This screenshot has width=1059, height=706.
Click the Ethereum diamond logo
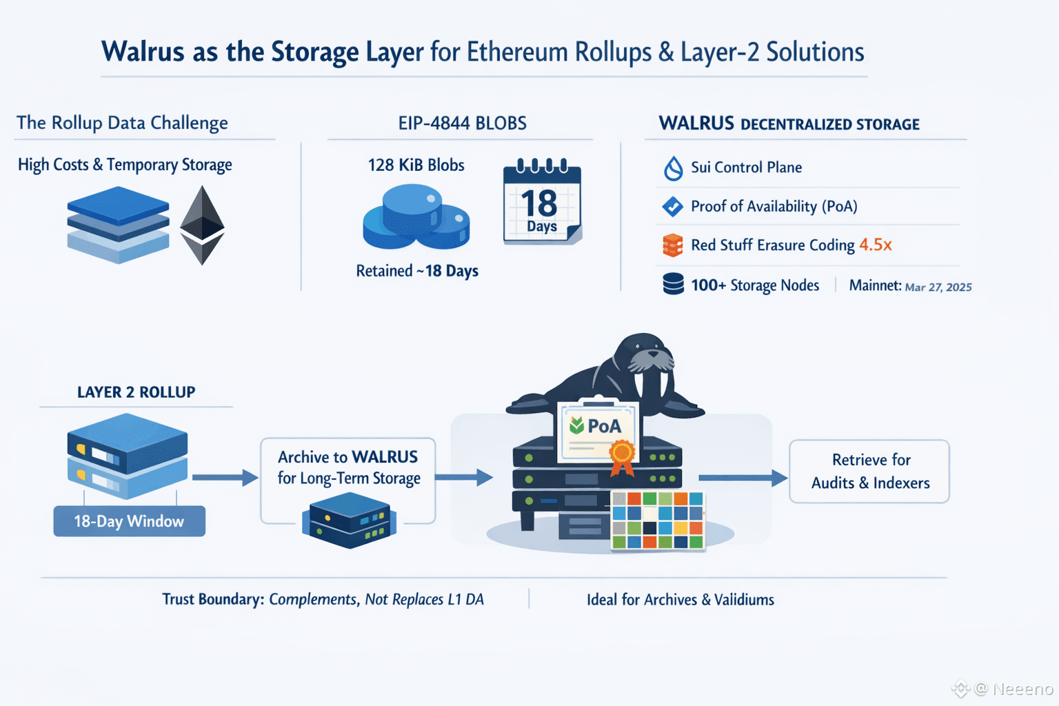[x=202, y=225]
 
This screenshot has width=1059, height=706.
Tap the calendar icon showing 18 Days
[x=542, y=202]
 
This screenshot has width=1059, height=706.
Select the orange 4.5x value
[x=875, y=245]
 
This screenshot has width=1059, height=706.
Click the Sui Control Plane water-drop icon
[x=673, y=168]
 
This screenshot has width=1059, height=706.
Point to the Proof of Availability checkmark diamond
[x=672, y=206]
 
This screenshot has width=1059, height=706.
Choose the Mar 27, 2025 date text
[x=938, y=287]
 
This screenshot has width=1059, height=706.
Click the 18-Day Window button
[x=129, y=521]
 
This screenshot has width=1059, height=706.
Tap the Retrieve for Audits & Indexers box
[x=869, y=472]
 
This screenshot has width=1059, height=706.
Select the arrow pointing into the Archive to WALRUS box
[x=225, y=477]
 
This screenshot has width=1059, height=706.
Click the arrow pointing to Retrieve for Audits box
[x=743, y=477]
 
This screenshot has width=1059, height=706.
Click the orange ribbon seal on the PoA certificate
[x=622, y=456]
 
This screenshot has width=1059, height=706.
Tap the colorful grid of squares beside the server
[x=658, y=520]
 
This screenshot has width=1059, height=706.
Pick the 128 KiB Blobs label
[x=416, y=165]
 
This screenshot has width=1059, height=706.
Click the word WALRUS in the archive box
[x=385, y=457]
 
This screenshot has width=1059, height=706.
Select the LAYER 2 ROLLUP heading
[x=136, y=392]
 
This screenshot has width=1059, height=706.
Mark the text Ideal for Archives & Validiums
[x=680, y=600]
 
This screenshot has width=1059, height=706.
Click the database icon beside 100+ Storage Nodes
[x=673, y=284]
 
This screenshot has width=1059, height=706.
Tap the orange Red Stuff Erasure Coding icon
[x=672, y=245]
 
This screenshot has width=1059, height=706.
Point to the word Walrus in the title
[x=143, y=52]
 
